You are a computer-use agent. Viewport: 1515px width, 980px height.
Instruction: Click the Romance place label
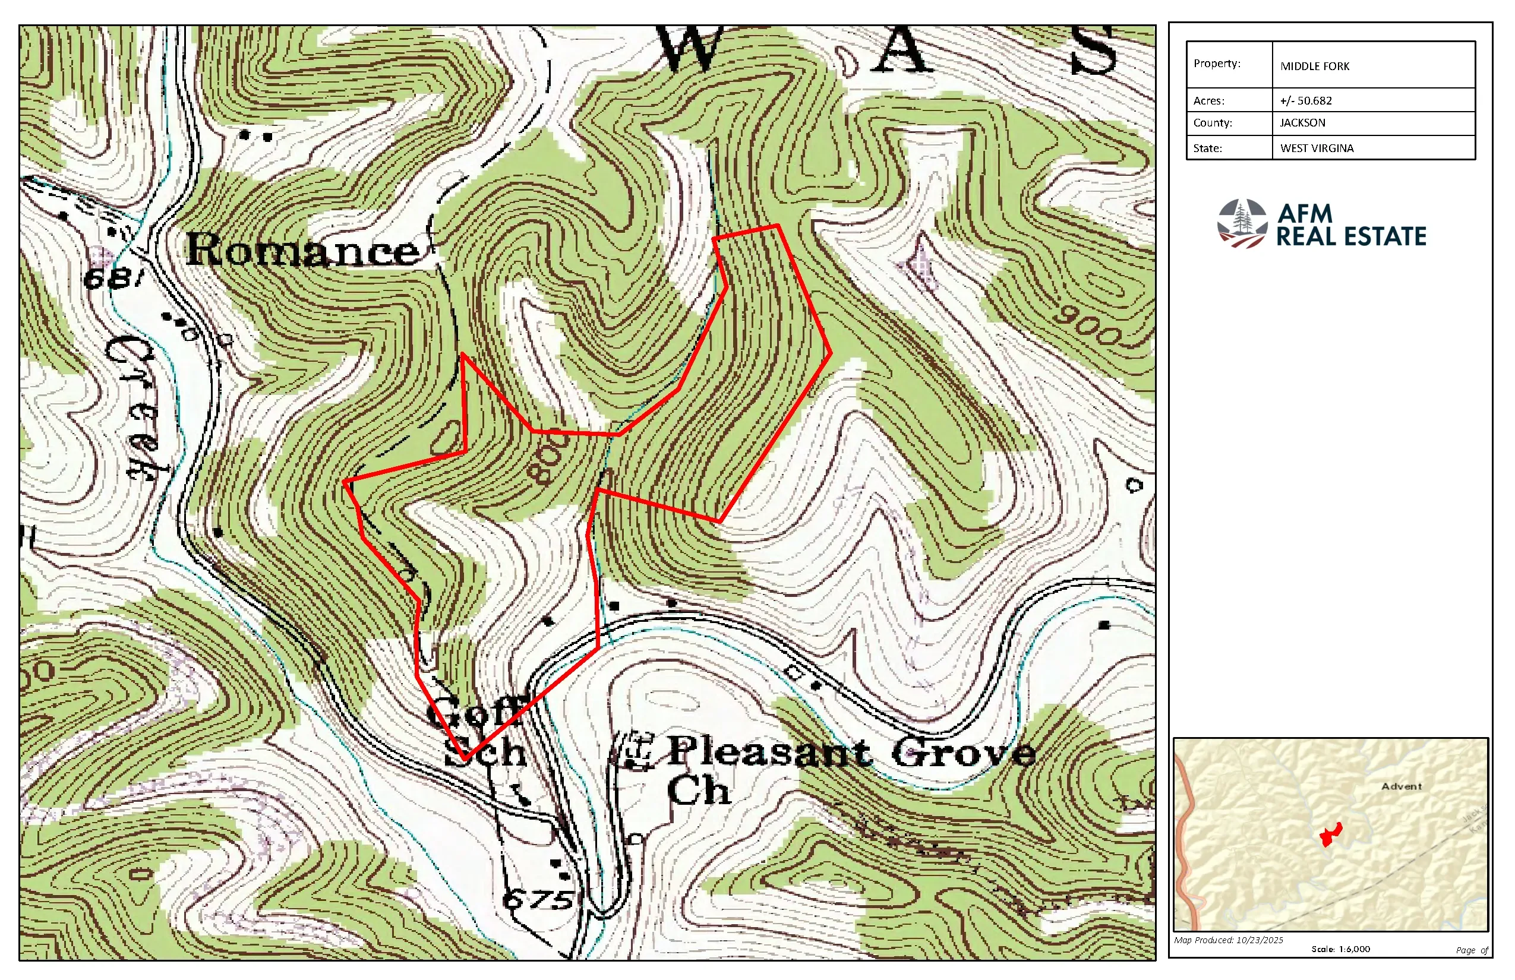[303, 250]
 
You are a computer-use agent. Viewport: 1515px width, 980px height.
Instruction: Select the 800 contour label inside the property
[546, 459]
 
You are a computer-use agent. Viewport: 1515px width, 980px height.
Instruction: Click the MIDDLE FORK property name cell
[1314, 66]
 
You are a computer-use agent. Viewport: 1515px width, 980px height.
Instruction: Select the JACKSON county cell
[1302, 123]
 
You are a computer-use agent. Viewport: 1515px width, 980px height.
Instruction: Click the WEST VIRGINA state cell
[1317, 148]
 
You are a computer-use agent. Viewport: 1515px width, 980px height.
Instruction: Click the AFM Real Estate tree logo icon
[1241, 223]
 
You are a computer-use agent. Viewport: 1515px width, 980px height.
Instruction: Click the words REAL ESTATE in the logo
[1351, 237]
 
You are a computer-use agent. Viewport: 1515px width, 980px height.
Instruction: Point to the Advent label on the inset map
[1401, 786]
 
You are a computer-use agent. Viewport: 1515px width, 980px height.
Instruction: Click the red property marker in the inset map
[1331, 834]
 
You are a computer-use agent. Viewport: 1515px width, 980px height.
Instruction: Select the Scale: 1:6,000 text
[1340, 949]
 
